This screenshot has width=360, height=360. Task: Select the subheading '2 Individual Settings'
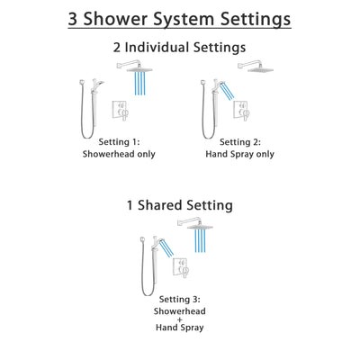180,47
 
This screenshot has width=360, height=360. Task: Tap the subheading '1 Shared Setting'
180,205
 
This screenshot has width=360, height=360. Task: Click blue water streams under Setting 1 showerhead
139,83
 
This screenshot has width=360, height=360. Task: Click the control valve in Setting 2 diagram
240,111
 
